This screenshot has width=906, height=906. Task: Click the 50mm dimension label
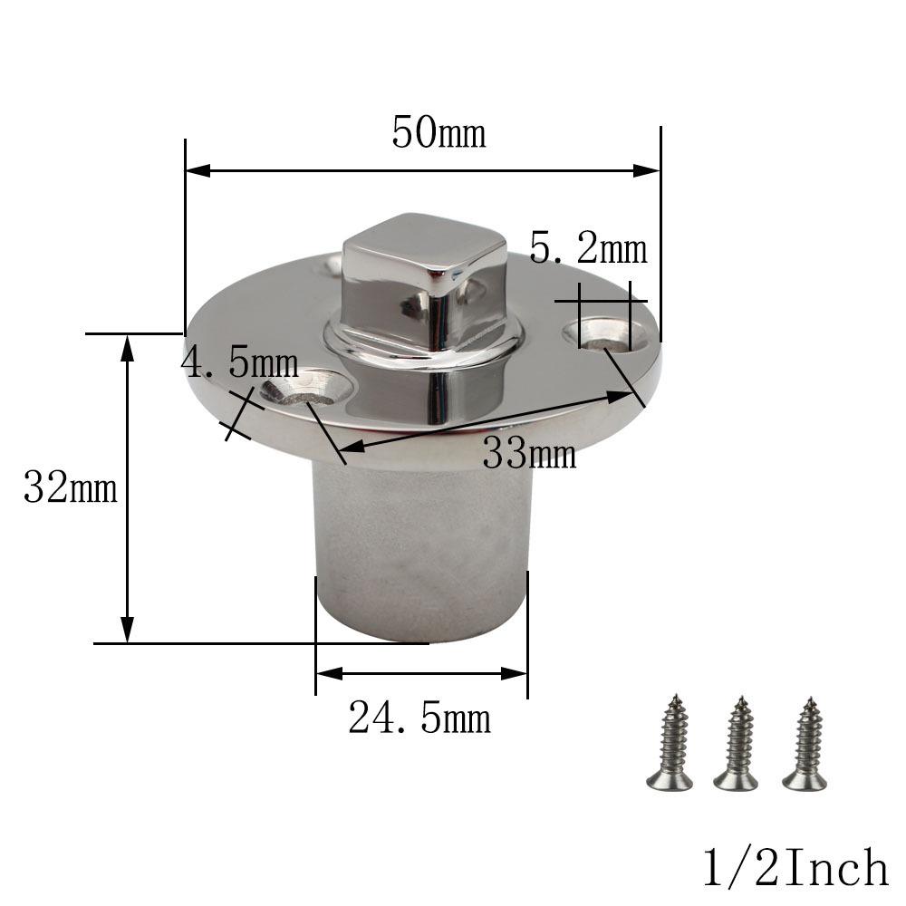tap(439, 133)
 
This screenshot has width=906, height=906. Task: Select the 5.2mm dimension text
tap(588, 248)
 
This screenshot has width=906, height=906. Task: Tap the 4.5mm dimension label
tap(240, 363)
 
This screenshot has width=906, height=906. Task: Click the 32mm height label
tap(71, 488)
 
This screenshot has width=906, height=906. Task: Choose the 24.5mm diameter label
tap(419, 719)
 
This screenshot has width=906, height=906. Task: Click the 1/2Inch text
tap(795, 868)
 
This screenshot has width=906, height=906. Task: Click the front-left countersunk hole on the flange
tap(306, 390)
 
